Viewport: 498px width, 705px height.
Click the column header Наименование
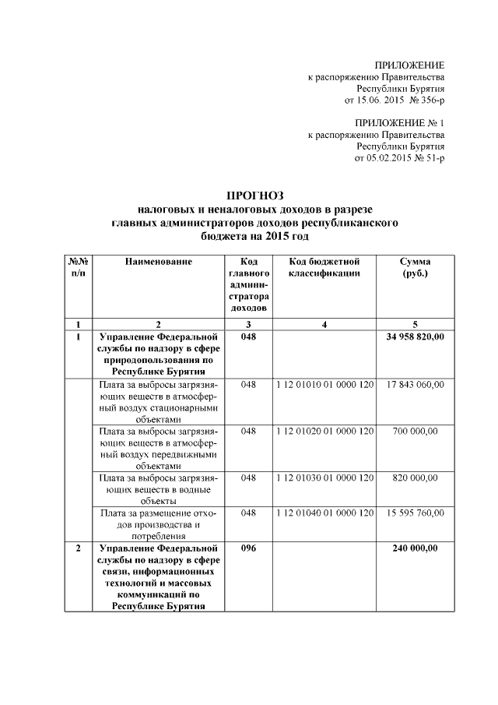point(158,262)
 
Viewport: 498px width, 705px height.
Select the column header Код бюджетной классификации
point(323,268)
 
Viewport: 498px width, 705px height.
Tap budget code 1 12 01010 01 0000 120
point(324,385)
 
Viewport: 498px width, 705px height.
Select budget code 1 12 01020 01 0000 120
point(324,430)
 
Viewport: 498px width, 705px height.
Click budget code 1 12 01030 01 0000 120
point(324,476)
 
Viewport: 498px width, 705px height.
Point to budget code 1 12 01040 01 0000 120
point(324,513)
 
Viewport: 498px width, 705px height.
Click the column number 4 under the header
point(324,323)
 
